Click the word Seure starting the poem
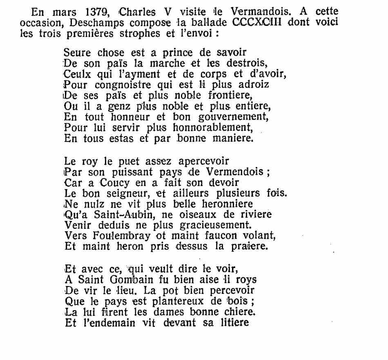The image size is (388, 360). coord(77,53)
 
